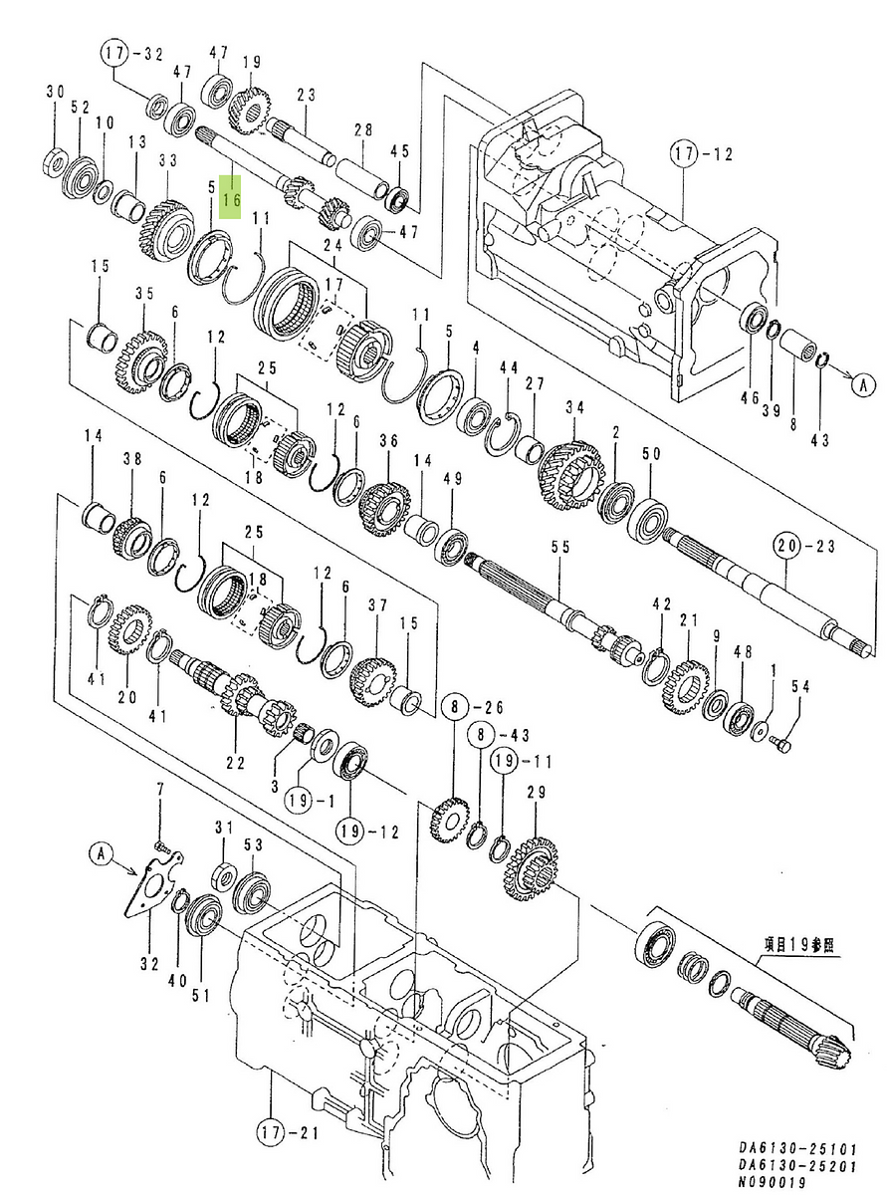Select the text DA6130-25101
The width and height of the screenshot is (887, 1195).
click(x=797, y=1149)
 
